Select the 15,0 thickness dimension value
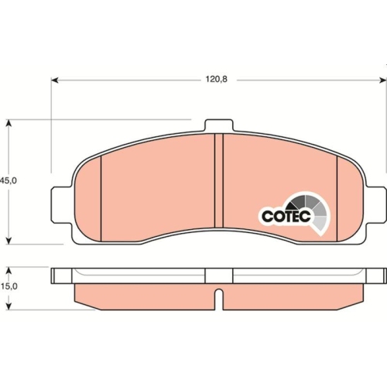coord(9,287)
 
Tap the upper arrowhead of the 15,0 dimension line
coord(9,270)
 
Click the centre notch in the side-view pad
coord(219,297)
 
